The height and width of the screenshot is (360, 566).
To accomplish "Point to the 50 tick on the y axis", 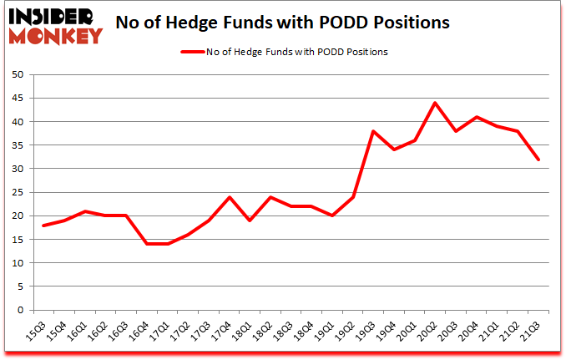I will point(16,74).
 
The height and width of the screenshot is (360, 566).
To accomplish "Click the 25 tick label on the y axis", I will point(16,192).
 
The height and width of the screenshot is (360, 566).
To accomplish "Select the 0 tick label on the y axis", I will point(19,310).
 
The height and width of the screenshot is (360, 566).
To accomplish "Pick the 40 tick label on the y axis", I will point(16,122).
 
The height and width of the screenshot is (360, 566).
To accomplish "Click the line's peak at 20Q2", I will point(435,103).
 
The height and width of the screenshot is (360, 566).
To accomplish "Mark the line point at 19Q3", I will point(373,131).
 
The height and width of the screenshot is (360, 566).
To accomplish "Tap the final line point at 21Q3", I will point(539,160).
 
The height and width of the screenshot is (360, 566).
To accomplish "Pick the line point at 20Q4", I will point(477,117).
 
